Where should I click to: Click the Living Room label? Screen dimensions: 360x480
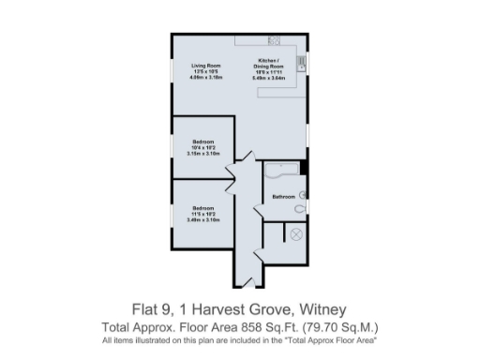(205, 66)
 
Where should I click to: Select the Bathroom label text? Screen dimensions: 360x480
(283, 197)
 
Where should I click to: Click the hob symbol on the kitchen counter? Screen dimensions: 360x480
(276, 40)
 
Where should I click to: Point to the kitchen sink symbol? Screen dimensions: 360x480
(301, 64)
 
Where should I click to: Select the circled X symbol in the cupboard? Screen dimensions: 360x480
(297, 234)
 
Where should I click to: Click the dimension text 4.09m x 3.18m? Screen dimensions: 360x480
(205, 78)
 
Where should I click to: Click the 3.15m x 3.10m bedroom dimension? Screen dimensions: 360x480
(204, 153)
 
